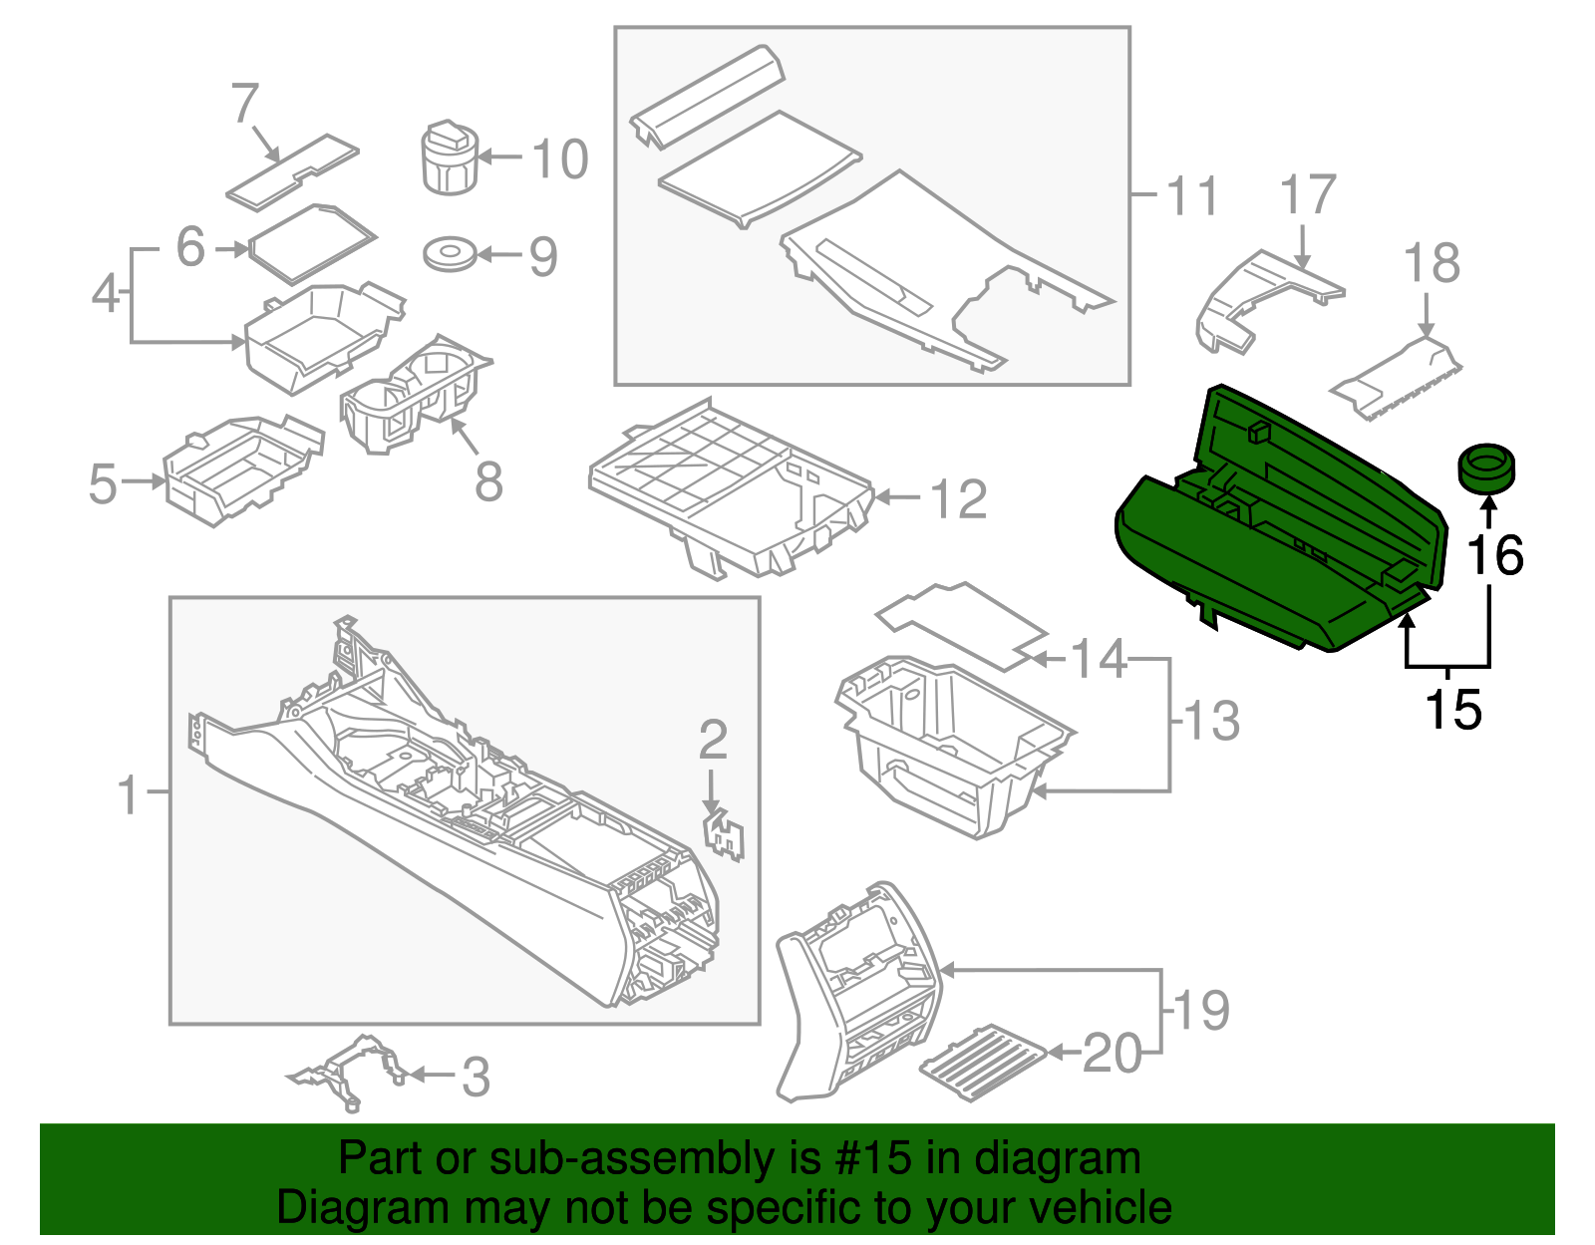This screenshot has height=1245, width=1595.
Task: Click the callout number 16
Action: pos(1494,555)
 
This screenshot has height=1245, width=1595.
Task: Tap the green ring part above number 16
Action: pos(1486,468)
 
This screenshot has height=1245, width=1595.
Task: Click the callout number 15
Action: pos(1452,710)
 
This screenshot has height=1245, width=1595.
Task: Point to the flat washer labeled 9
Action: pos(449,254)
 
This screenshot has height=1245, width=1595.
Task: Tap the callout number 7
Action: pos(245,104)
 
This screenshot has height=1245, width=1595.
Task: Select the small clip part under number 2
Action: pos(727,834)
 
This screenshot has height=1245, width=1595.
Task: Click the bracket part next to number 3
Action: pos(349,1072)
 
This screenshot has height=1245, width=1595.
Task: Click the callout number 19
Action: pos(1202,1011)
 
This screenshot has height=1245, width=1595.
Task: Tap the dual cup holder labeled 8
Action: pos(414,394)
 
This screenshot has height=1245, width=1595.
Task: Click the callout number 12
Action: pos(958,498)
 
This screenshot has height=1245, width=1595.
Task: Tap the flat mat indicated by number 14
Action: pos(962,623)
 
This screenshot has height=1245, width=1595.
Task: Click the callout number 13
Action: pos(1211,721)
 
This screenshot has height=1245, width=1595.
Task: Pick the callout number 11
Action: pos(1191,195)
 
